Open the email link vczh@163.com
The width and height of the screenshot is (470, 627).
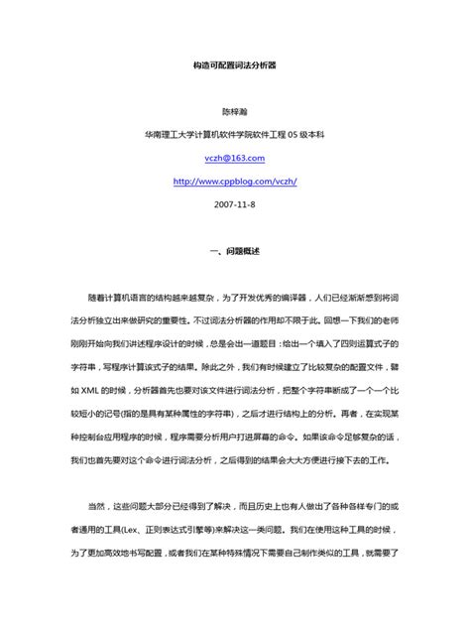(235, 158)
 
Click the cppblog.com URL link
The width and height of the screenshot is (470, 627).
(235, 181)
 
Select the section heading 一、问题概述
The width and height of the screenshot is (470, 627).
(235, 251)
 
